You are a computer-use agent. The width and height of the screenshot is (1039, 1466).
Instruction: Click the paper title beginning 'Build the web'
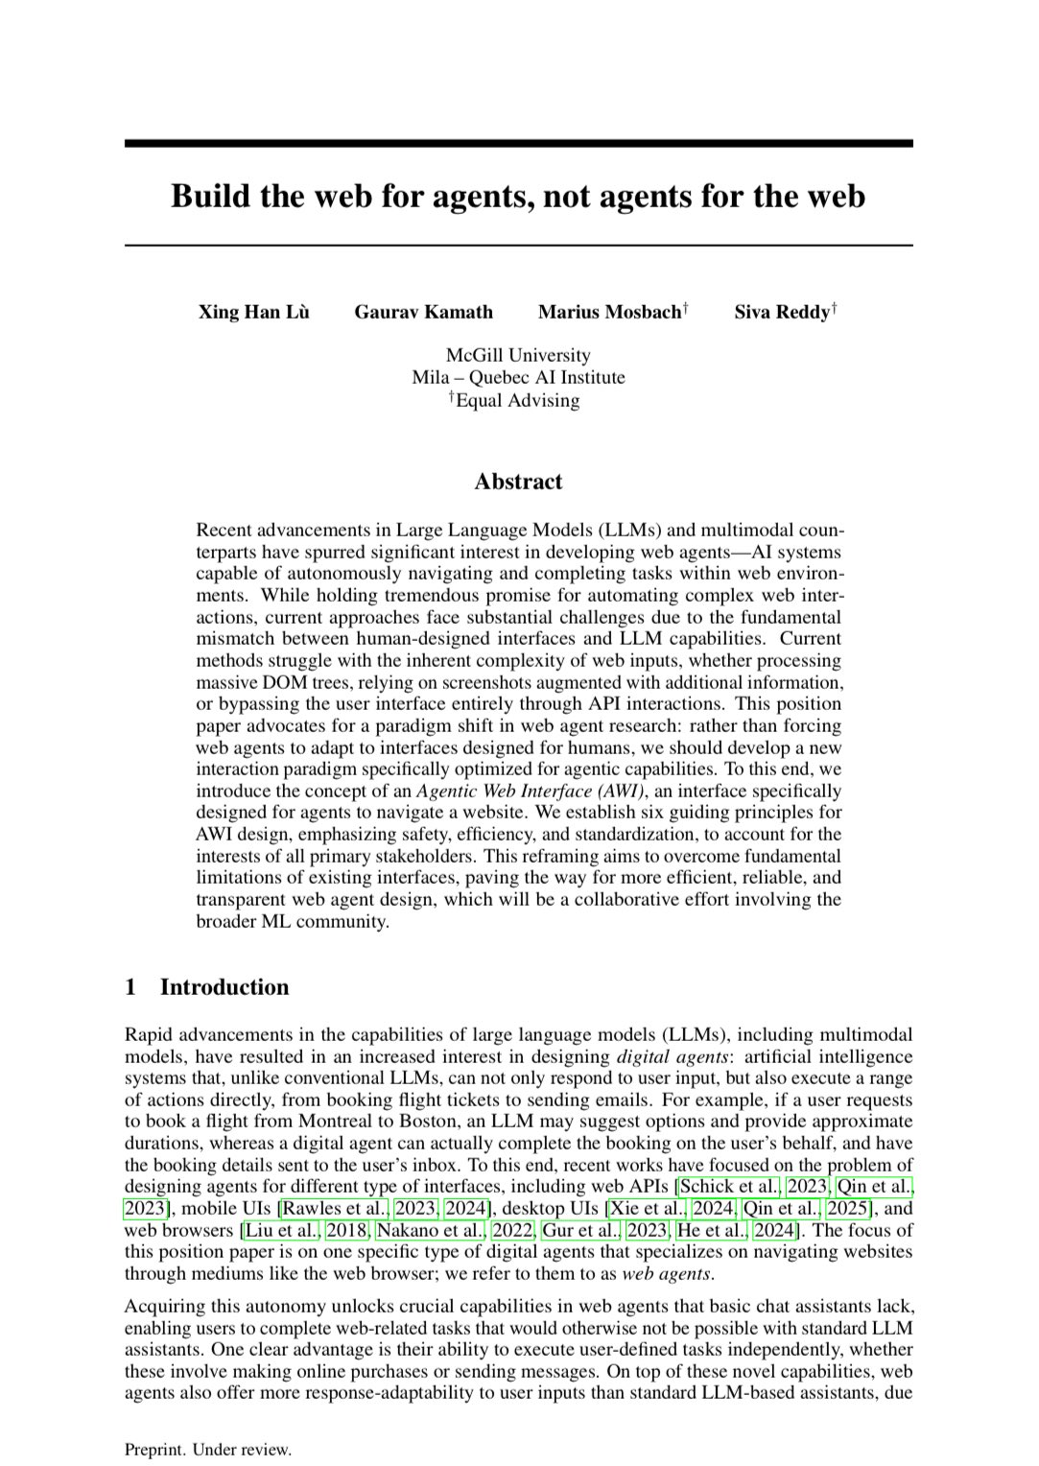pyautogui.click(x=518, y=196)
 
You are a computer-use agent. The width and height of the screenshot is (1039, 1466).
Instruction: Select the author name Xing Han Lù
pyautogui.click(x=253, y=312)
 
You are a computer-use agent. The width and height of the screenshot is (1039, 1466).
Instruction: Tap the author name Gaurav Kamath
pyautogui.click(x=423, y=312)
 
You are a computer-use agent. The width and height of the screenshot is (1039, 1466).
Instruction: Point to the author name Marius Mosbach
pyautogui.click(x=609, y=312)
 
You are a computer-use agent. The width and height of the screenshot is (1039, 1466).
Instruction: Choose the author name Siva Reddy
pyautogui.click(x=781, y=312)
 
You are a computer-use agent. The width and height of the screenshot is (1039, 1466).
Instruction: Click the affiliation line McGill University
pyautogui.click(x=518, y=356)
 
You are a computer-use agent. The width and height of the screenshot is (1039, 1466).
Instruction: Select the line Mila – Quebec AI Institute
pyautogui.click(x=518, y=377)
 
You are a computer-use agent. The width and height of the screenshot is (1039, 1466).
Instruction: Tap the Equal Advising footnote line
pyautogui.click(x=518, y=399)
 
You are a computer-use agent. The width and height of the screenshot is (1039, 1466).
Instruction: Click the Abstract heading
pyautogui.click(x=518, y=482)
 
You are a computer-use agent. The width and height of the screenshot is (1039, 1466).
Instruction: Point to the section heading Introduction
pyautogui.click(x=224, y=987)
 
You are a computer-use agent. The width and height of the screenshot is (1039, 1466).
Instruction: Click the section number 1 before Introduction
pyautogui.click(x=130, y=987)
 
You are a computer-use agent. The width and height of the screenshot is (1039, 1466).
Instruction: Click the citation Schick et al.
pyautogui.click(x=729, y=1187)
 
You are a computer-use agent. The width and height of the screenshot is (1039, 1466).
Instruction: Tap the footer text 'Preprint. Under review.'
pyautogui.click(x=207, y=1450)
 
